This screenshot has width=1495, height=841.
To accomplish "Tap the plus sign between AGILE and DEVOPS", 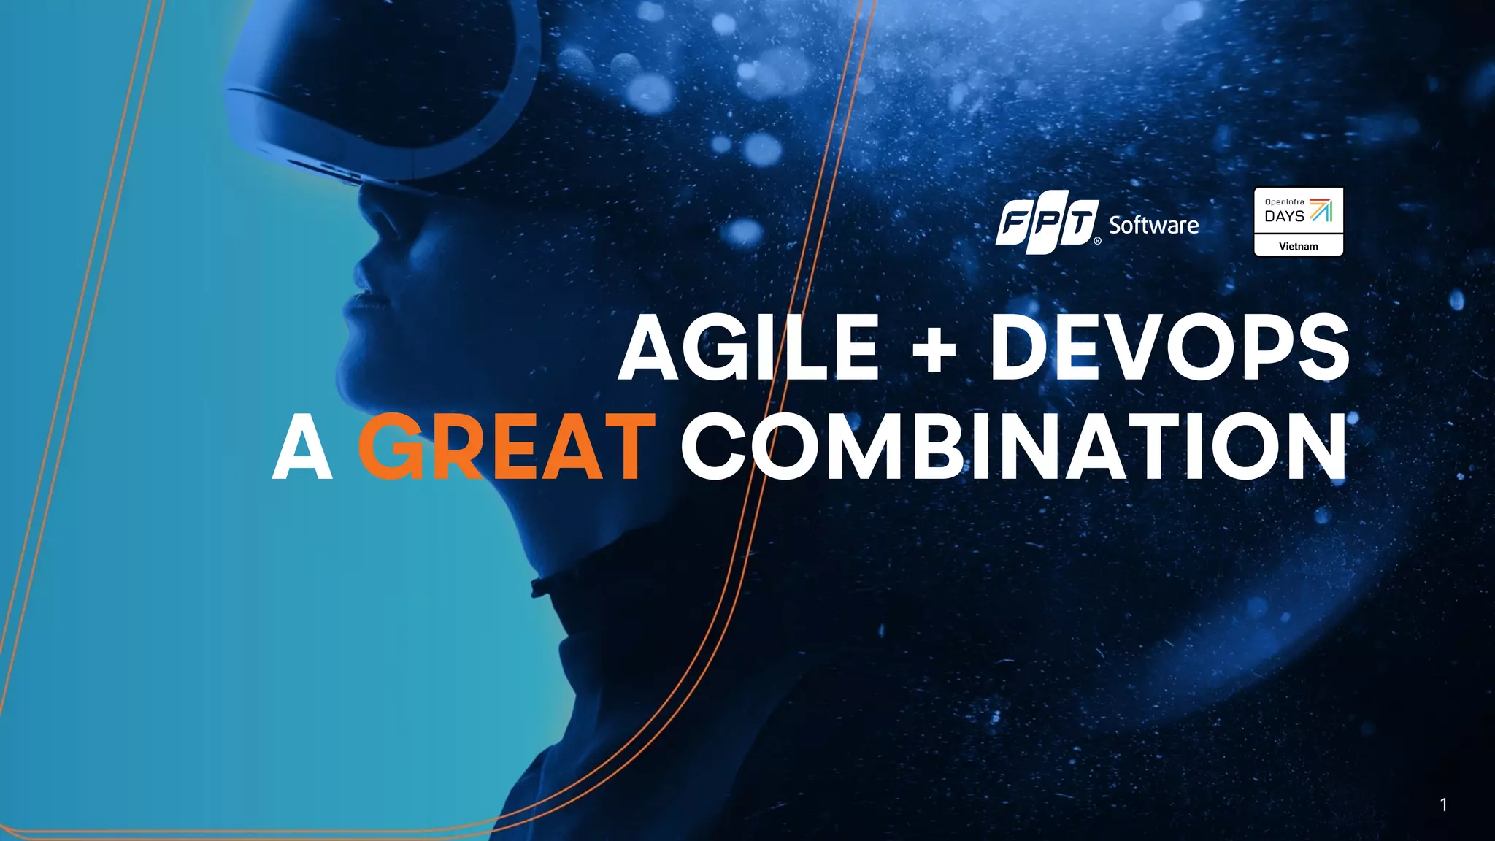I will (x=934, y=350).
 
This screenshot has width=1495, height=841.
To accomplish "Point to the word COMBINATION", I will (x=1014, y=446).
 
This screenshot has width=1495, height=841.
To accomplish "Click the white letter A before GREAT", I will (x=302, y=448).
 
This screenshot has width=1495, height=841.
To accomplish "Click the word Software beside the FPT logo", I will (x=1153, y=226).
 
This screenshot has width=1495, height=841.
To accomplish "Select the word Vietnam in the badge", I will (x=1298, y=247).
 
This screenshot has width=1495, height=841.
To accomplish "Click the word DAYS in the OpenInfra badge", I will (x=1284, y=217).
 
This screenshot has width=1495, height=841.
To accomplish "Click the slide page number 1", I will (x=1443, y=804).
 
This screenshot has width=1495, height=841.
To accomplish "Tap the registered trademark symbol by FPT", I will (x=1097, y=241).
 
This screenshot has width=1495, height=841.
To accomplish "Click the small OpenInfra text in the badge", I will (x=1285, y=201).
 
